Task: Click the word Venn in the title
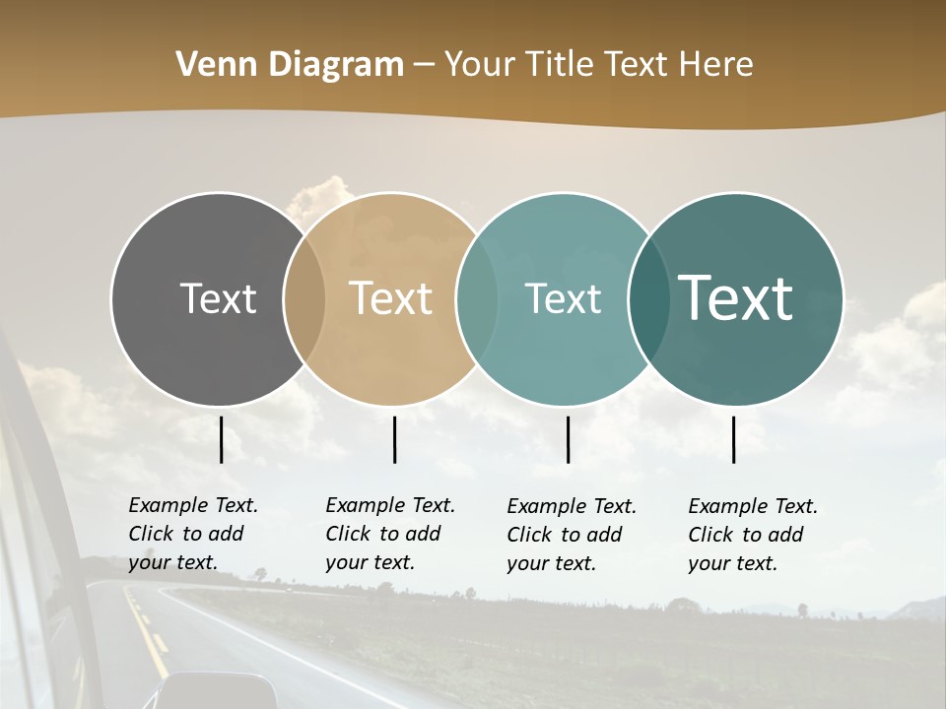pos(205,65)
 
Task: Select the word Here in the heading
pos(715,65)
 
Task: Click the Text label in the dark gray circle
pos(218,298)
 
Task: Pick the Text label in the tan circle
pos(391,298)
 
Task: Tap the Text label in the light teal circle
pos(563,298)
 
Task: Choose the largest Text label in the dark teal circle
pos(736,298)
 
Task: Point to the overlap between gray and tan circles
pos(304,298)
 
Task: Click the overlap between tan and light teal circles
pos(477,298)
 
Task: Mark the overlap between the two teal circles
pos(648,298)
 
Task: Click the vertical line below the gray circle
pos(221,439)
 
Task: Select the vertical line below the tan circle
pos(394,439)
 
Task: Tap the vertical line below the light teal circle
pos(568,439)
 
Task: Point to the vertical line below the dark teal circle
pos(733,439)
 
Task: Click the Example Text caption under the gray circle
pos(193,534)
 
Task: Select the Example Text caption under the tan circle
pos(390,534)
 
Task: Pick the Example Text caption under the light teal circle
pos(572,535)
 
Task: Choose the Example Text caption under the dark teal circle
pos(753,535)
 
